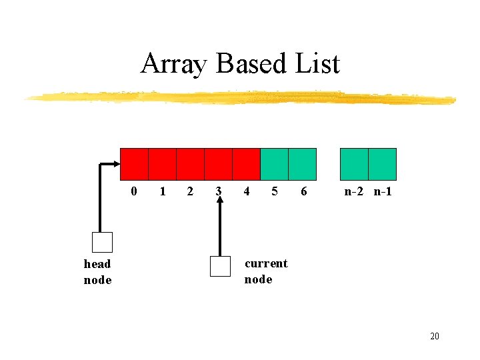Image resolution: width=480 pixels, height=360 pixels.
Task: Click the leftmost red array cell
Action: [134, 164]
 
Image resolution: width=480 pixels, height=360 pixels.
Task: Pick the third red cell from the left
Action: [190, 164]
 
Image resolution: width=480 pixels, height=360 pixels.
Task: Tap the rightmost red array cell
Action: [246, 164]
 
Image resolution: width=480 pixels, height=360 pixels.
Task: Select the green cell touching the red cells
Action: [274, 164]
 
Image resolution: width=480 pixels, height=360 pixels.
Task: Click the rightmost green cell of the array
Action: [382, 164]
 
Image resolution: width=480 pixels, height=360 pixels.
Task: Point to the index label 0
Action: [135, 192]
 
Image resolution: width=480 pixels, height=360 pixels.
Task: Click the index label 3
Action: [219, 192]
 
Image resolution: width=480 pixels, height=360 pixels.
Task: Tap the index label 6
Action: [304, 192]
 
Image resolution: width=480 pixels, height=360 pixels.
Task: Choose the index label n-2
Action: [355, 192]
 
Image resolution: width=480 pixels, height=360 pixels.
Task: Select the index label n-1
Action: [383, 192]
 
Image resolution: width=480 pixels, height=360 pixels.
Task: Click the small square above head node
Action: [102, 242]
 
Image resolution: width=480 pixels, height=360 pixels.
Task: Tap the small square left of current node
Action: [219, 266]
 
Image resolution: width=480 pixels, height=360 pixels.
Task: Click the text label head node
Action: [97, 271]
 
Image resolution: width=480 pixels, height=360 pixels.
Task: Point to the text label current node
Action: [265, 271]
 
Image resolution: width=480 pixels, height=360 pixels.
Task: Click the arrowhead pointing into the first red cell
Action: [115, 164]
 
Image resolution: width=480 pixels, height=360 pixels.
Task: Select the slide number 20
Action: [434, 336]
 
